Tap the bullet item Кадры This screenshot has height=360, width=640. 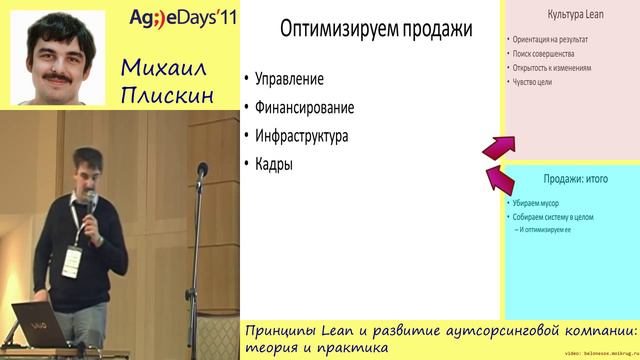click(x=274, y=164)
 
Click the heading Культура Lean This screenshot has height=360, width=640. click(x=570, y=16)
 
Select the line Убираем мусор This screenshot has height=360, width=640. click(x=540, y=203)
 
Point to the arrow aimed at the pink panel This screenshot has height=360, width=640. click(x=495, y=147)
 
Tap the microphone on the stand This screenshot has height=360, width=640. click(x=203, y=171)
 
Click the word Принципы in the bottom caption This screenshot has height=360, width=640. click(x=288, y=331)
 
